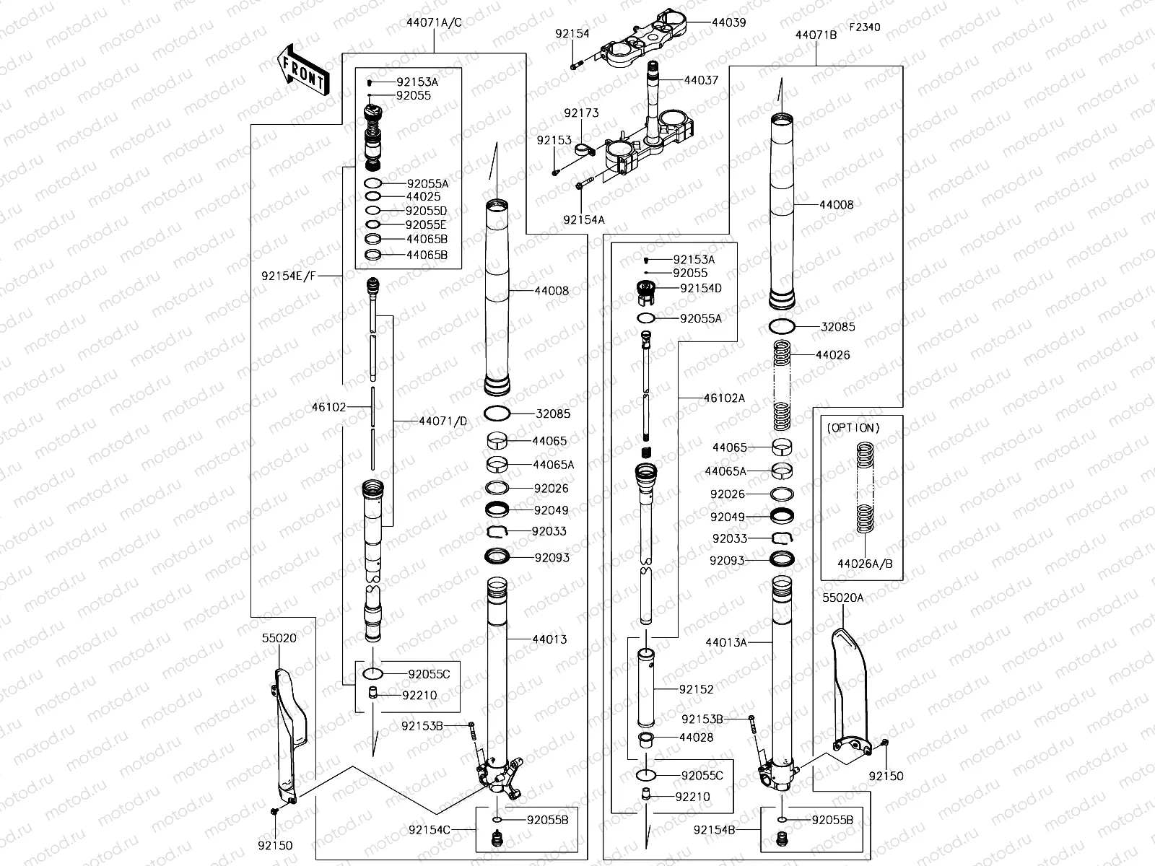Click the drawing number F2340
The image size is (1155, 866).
tap(864, 27)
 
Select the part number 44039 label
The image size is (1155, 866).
tap(728, 22)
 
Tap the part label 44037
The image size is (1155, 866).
tap(701, 80)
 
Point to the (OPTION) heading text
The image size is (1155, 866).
tap(853, 428)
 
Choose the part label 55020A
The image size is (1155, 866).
tap(842, 598)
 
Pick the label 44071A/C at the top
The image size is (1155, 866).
tap(434, 22)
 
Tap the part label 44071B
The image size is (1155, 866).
tap(816, 34)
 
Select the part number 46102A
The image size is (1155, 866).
tap(724, 398)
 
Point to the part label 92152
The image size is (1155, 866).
tap(696, 689)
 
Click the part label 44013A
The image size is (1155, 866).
tap(726, 642)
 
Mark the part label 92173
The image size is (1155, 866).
tap(581, 113)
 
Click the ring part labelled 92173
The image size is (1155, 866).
tap(583, 151)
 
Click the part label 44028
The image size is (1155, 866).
tap(696, 738)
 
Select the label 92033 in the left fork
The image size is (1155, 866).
tap(549, 531)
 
